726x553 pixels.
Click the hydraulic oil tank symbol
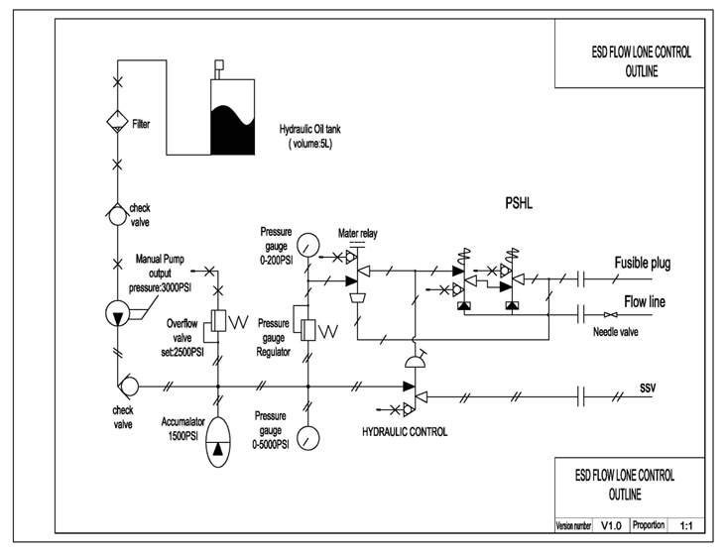click(232, 117)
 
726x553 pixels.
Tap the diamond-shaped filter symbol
click(118, 122)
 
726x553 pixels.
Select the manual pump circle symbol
click(118, 314)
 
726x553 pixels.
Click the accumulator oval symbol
click(217, 442)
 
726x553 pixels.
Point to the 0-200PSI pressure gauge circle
click(307, 245)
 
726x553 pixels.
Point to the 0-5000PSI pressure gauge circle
click(307, 437)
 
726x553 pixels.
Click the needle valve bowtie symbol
click(611, 315)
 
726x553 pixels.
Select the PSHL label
click(519, 203)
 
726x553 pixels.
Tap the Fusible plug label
click(643, 263)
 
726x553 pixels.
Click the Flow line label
click(645, 301)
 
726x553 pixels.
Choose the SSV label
click(648, 387)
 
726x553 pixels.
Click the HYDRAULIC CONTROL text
click(405, 432)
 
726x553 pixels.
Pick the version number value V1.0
click(611, 525)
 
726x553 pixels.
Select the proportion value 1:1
click(686, 525)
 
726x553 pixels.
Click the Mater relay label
click(357, 233)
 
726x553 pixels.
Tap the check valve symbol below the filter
click(117, 213)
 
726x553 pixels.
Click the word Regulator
click(273, 352)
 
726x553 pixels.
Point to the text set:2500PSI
click(182, 352)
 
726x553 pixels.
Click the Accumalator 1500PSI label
click(182, 429)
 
